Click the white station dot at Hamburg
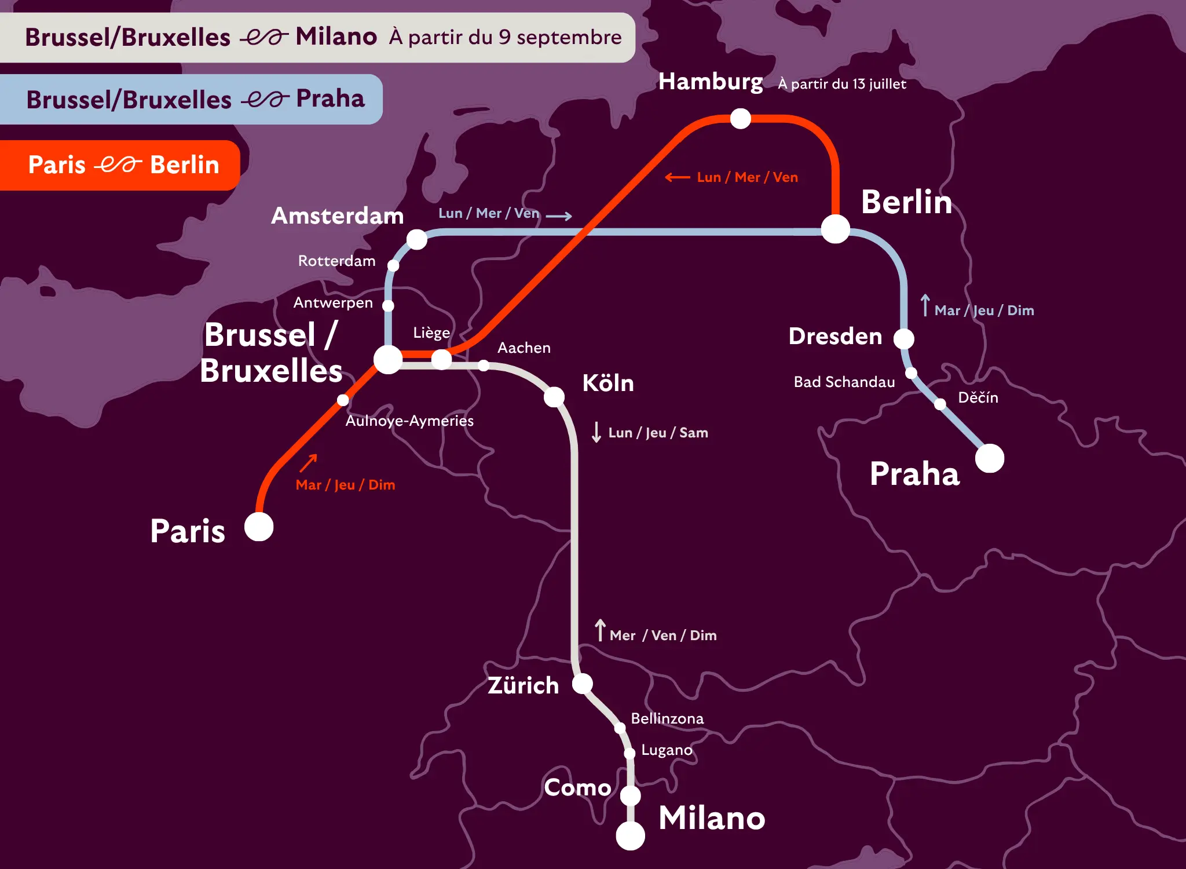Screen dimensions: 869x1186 coord(740,119)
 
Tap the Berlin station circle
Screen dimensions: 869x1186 coord(835,229)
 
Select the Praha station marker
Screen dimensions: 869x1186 coord(989,458)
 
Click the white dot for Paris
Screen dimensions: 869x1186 coord(259,527)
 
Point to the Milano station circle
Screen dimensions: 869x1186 coord(630,835)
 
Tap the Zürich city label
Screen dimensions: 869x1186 coord(523,685)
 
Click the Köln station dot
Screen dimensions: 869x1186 coord(554,397)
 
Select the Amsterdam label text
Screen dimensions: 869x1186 coord(337,216)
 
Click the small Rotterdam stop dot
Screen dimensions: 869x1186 coord(393,265)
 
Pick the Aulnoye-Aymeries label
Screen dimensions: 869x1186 coord(409,421)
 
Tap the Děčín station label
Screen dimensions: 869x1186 coord(978,397)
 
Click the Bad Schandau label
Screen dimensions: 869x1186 coord(844,382)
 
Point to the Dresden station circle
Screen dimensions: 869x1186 coord(903,338)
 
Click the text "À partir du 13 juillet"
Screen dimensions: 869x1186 coord(841,84)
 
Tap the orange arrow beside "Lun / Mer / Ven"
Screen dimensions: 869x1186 coord(677,177)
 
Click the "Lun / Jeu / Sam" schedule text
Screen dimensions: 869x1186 coord(658,433)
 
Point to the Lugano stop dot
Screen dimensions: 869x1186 coord(629,753)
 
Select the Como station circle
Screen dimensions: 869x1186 coord(630,795)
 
